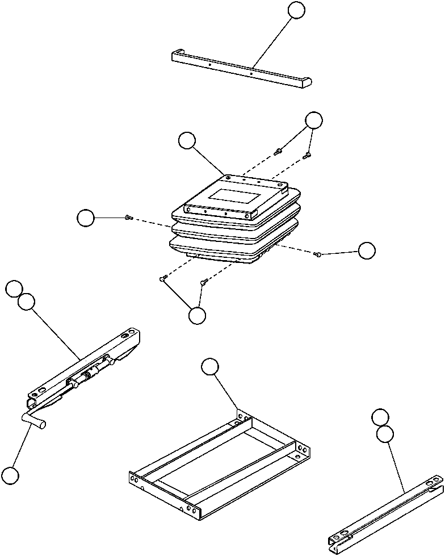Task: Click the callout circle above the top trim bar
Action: click(296, 10)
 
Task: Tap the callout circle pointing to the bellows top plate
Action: click(187, 140)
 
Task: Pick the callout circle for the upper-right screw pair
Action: click(313, 120)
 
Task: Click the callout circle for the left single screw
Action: click(86, 217)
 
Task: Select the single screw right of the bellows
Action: click(318, 255)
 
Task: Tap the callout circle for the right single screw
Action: click(367, 250)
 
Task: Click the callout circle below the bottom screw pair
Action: click(197, 316)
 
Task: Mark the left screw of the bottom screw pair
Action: click(163, 278)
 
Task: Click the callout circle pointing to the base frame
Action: click(209, 367)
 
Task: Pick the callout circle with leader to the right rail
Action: click(385, 434)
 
